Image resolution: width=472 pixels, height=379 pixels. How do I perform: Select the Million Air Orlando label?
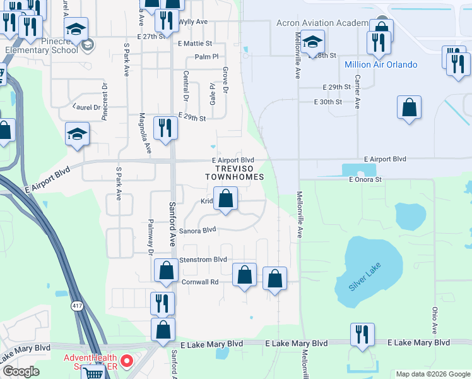[x=381, y=64]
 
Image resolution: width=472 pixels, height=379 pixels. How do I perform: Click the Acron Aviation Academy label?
[x=322, y=23]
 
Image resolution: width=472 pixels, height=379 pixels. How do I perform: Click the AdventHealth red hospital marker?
[x=126, y=362]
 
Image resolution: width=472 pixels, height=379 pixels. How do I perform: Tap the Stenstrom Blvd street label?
[x=203, y=260]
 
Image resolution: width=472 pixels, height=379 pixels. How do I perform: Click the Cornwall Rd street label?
[x=199, y=282]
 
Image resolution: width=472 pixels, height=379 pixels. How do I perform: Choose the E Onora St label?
[x=366, y=179]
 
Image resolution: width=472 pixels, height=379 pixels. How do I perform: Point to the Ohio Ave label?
[x=435, y=320]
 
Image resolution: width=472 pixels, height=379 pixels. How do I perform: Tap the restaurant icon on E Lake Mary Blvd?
[x=362, y=335]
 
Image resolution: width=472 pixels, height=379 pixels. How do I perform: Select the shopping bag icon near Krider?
[x=226, y=199]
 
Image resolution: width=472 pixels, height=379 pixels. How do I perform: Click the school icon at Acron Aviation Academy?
[x=312, y=42]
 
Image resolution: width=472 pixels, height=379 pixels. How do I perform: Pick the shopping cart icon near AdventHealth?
[x=93, y=373]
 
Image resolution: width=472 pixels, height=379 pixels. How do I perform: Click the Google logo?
[x=21, y=371]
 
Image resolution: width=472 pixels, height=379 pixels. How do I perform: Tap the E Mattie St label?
[x=195, y=44]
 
